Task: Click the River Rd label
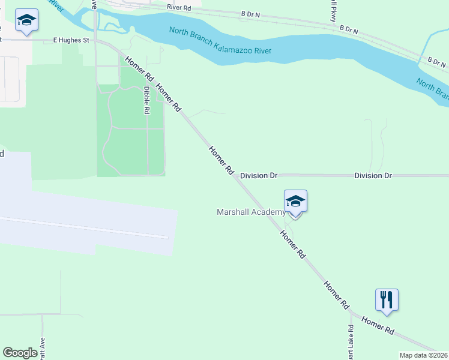coord(179,7)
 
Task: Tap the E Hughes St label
coord(71,40)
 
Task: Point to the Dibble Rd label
coord(146,100)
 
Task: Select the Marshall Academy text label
coord(252,212)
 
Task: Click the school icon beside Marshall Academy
coord(295,202)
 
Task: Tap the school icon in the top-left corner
coord(26,21)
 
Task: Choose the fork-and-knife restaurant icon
coord(387,300)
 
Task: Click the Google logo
coord(20,353)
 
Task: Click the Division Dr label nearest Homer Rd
coord(259,176)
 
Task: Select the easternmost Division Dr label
coord(373,176)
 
